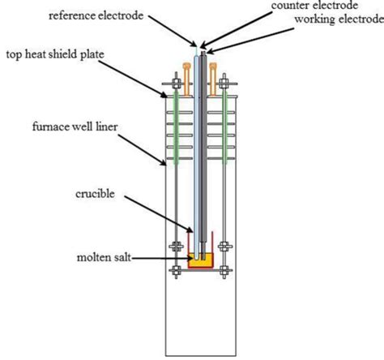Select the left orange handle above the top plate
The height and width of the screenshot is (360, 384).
pyautogui.click(x=186, y=71)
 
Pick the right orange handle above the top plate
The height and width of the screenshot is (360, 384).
pyautogui.click(x=214, y=71)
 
